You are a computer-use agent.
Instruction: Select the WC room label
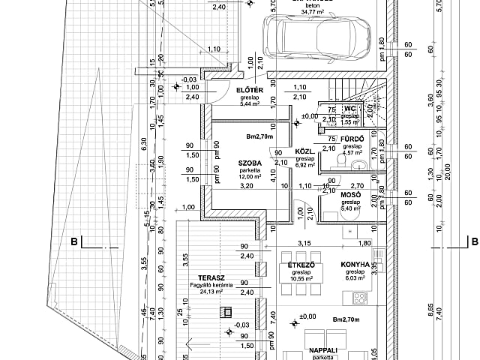point(349,109)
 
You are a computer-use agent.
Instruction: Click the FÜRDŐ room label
point(352,139)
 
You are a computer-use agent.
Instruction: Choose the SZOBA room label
point(250,163)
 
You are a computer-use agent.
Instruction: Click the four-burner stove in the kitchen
point(359,298)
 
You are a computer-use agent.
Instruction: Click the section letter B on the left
point(74,241)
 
